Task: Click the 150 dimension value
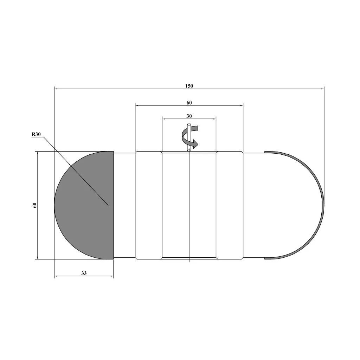(189, 86)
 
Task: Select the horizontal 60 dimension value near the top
(189, 103)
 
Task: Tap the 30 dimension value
(189, 116)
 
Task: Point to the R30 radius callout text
(36, 134)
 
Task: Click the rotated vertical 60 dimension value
(35, 205)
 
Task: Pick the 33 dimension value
(84, 273)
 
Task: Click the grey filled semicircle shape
(87, 205)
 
